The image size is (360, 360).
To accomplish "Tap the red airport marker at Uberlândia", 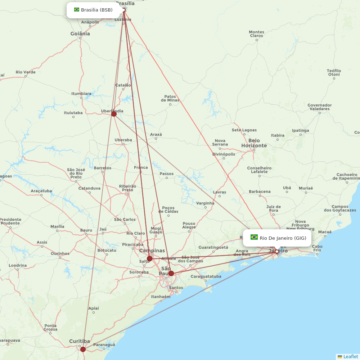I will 114,114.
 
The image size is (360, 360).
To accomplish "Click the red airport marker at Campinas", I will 149,258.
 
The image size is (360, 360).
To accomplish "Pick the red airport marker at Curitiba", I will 83,349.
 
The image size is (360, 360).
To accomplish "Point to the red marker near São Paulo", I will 171,273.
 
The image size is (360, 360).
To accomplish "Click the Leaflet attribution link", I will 351,356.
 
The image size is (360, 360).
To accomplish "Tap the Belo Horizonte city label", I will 254,143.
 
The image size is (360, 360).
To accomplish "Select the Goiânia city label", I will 80,34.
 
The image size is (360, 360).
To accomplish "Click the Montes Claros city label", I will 256,34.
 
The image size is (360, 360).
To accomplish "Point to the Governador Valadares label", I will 319,107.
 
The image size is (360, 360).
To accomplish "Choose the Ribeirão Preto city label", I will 127,188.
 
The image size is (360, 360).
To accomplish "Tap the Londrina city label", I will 18,265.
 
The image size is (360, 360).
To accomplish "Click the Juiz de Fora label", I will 274,208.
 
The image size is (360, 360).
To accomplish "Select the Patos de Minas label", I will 170,98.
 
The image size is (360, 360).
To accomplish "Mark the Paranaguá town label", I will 104,345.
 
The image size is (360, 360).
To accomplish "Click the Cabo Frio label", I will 317,248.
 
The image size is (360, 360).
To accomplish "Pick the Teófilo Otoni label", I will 334,72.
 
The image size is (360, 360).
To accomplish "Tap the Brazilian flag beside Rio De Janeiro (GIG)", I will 254,237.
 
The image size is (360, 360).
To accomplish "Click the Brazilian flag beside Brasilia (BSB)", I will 77,10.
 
